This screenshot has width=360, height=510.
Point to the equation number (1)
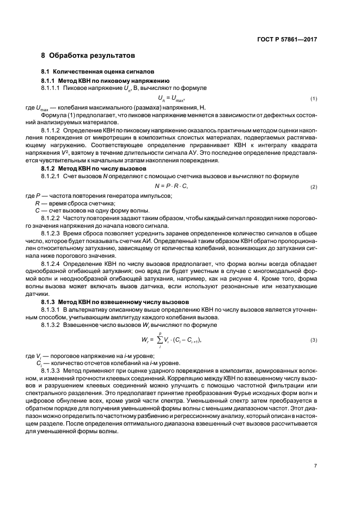(314, 99)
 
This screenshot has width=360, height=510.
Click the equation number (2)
(314, 187)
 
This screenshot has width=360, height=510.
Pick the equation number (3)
(314, 341)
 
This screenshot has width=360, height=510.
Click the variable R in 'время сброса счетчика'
(37, 203)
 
